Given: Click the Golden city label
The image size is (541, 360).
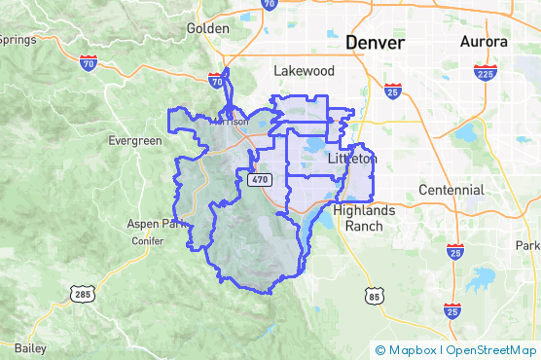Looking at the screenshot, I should click(x=207, y=28).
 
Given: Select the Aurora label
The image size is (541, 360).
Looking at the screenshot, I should click(x=484, y=42).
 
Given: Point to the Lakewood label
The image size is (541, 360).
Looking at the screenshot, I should click(x=304, y=71).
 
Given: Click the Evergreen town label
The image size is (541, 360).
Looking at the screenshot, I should click(x=134, y=141).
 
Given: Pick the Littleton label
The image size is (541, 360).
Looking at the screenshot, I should click(x=352, y=158).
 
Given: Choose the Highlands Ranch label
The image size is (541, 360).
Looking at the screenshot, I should click(x=364, y=217).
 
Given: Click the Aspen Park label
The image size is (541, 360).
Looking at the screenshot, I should click(x=155, y=224).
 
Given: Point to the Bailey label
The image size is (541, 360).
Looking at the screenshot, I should click(x=30, y=347).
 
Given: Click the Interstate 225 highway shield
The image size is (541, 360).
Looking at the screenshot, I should click(x=486, y=73).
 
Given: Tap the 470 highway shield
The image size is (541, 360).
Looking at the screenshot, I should click(x=259, y=180).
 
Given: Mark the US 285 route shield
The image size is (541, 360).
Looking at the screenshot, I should click(x=82, y=292).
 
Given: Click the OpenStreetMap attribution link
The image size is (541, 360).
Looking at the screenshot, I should click(x=491, y=350).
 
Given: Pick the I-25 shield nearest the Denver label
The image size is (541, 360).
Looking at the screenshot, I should click(x=393, y=90).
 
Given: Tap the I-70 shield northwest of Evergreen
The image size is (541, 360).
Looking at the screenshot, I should click(x=90, y=64).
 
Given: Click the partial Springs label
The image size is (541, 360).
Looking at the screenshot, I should click(x=18, y=39).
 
